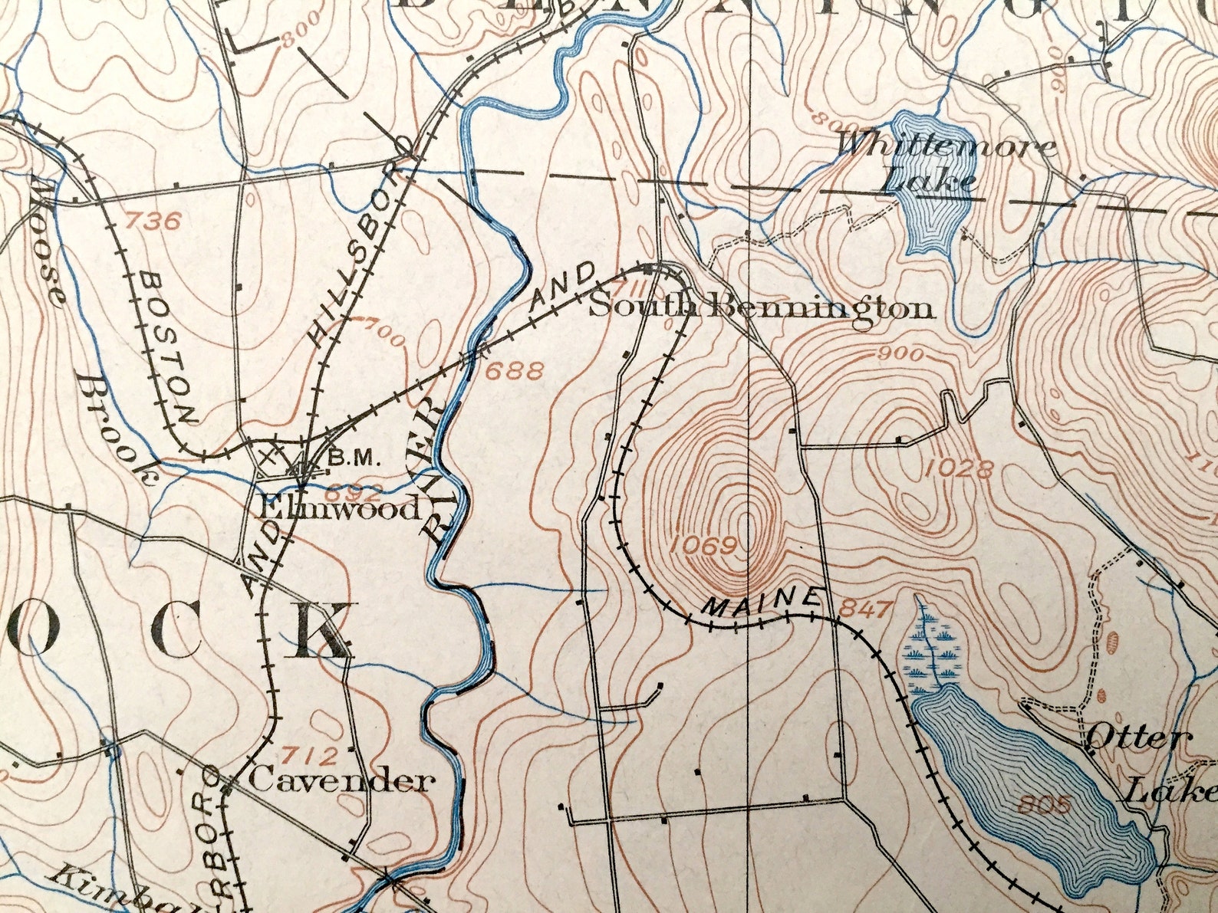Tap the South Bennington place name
pos(762,307)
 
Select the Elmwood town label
pos(340,507)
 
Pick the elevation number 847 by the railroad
pos(867,609)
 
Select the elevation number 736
pos(153,222)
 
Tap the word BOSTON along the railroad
pos(168,346)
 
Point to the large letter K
pos(320,629)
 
